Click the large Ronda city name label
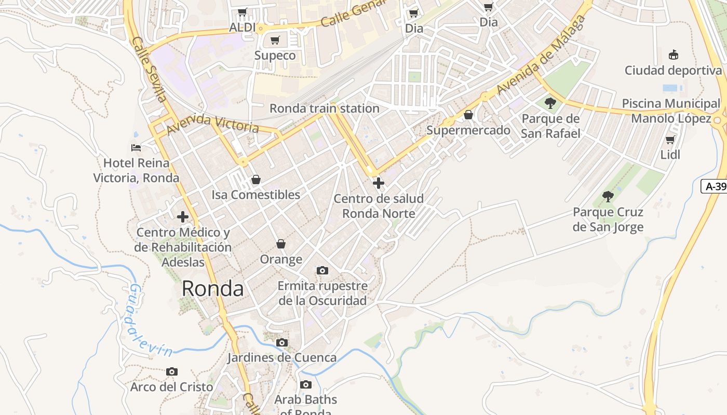click(x=212, y=289)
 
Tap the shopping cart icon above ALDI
click(x=242, y=12)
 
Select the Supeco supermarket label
click(x=275, y=56)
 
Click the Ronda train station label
click(x=324, y=108)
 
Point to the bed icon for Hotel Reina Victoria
click(x=136, y=148)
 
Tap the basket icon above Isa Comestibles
click(x=255, y=179)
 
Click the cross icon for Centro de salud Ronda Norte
click(x=379, y=183)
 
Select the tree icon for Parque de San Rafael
click(x=550, y=103)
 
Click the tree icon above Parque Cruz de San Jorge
click(x=608, y=197)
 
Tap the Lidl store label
click(x=670, y=155)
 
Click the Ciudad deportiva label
click(x=673, y=70)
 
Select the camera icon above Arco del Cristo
click(x=172, y=371)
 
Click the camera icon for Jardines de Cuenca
click(x=282, y=342)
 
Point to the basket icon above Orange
click(x=281, y=244)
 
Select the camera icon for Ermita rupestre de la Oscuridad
click(x=322, y=270)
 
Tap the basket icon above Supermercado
click(x=468, y=115)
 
